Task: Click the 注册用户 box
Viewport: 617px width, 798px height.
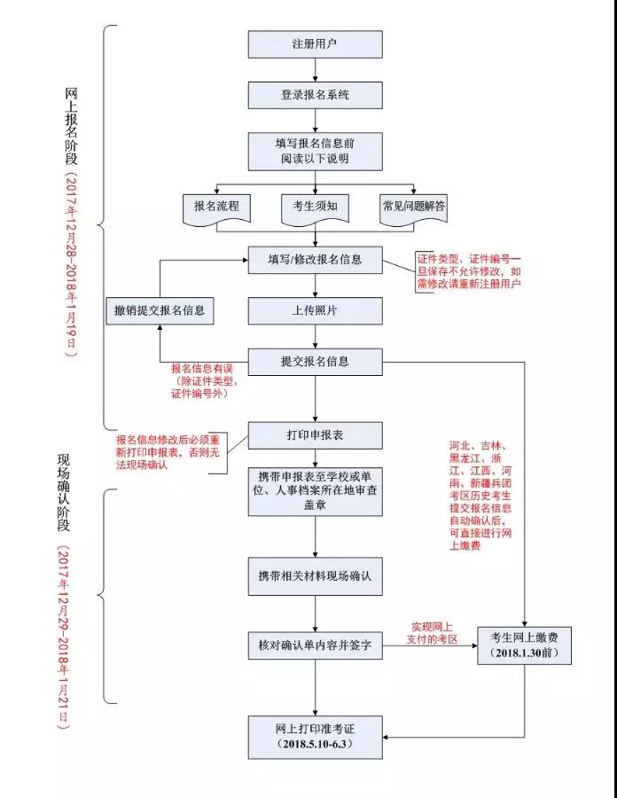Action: click(x=315, y=44)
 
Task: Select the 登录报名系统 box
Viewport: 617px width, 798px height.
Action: click(x=315, y=95)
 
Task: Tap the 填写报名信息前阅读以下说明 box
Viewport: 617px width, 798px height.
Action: click(x=315, y=151)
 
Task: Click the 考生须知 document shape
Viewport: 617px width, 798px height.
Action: click(x=315, y=207)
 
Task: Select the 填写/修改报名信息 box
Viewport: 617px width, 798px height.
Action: click(x=315, y=260)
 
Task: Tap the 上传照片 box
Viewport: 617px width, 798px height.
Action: click(x=315, y=310)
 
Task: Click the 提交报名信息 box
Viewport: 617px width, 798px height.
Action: click(x=315, y=362)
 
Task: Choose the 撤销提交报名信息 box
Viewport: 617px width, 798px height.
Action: click(x=160, y=310)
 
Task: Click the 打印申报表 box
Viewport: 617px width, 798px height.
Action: click(x=315, y=436)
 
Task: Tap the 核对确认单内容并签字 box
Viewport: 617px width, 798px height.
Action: click(x=315, y=646)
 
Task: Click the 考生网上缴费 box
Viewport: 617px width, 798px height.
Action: click(x=523, y=646)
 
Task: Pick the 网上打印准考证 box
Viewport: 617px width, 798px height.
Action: click(x=315, y=736)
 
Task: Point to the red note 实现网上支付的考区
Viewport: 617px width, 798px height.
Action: click(x=432, y=632)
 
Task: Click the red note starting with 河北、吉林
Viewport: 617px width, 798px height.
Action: click(x=486, y=496)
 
